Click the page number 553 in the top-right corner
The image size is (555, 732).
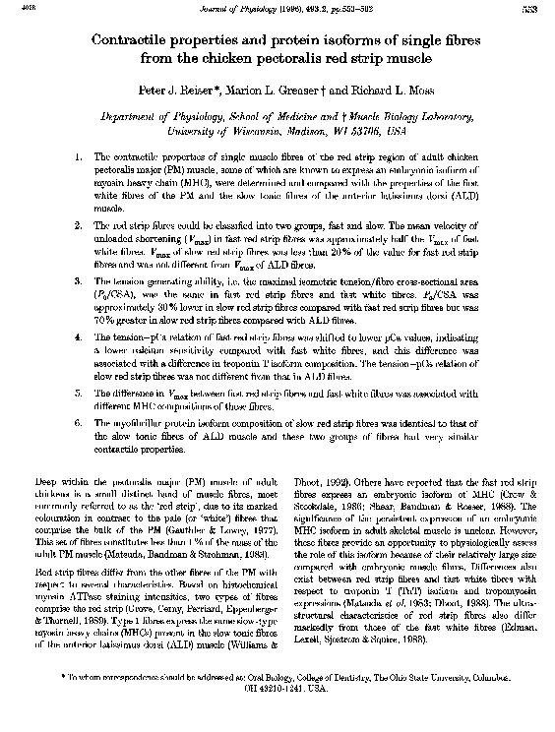tap(540, 10)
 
